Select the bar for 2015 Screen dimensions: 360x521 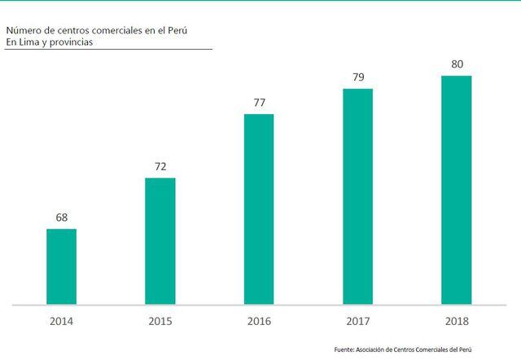[160, 241]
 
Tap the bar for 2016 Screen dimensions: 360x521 [259, 209]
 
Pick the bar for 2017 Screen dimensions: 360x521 [357, 196]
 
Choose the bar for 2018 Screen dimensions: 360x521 [456, 190]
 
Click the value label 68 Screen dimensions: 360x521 [61, 217]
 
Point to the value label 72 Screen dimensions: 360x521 [160, 167]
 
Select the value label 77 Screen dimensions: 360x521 [259, 103]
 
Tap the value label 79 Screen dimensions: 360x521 [357, 77]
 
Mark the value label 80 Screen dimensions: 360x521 [456, 64]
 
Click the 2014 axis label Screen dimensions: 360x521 [61, 321]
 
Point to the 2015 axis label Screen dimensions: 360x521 [160, 321]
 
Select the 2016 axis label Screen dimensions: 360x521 [259, 321]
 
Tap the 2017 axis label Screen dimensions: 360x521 [357, 321]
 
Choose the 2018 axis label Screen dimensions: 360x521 [456, 321]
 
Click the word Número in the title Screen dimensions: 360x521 [23, 30]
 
